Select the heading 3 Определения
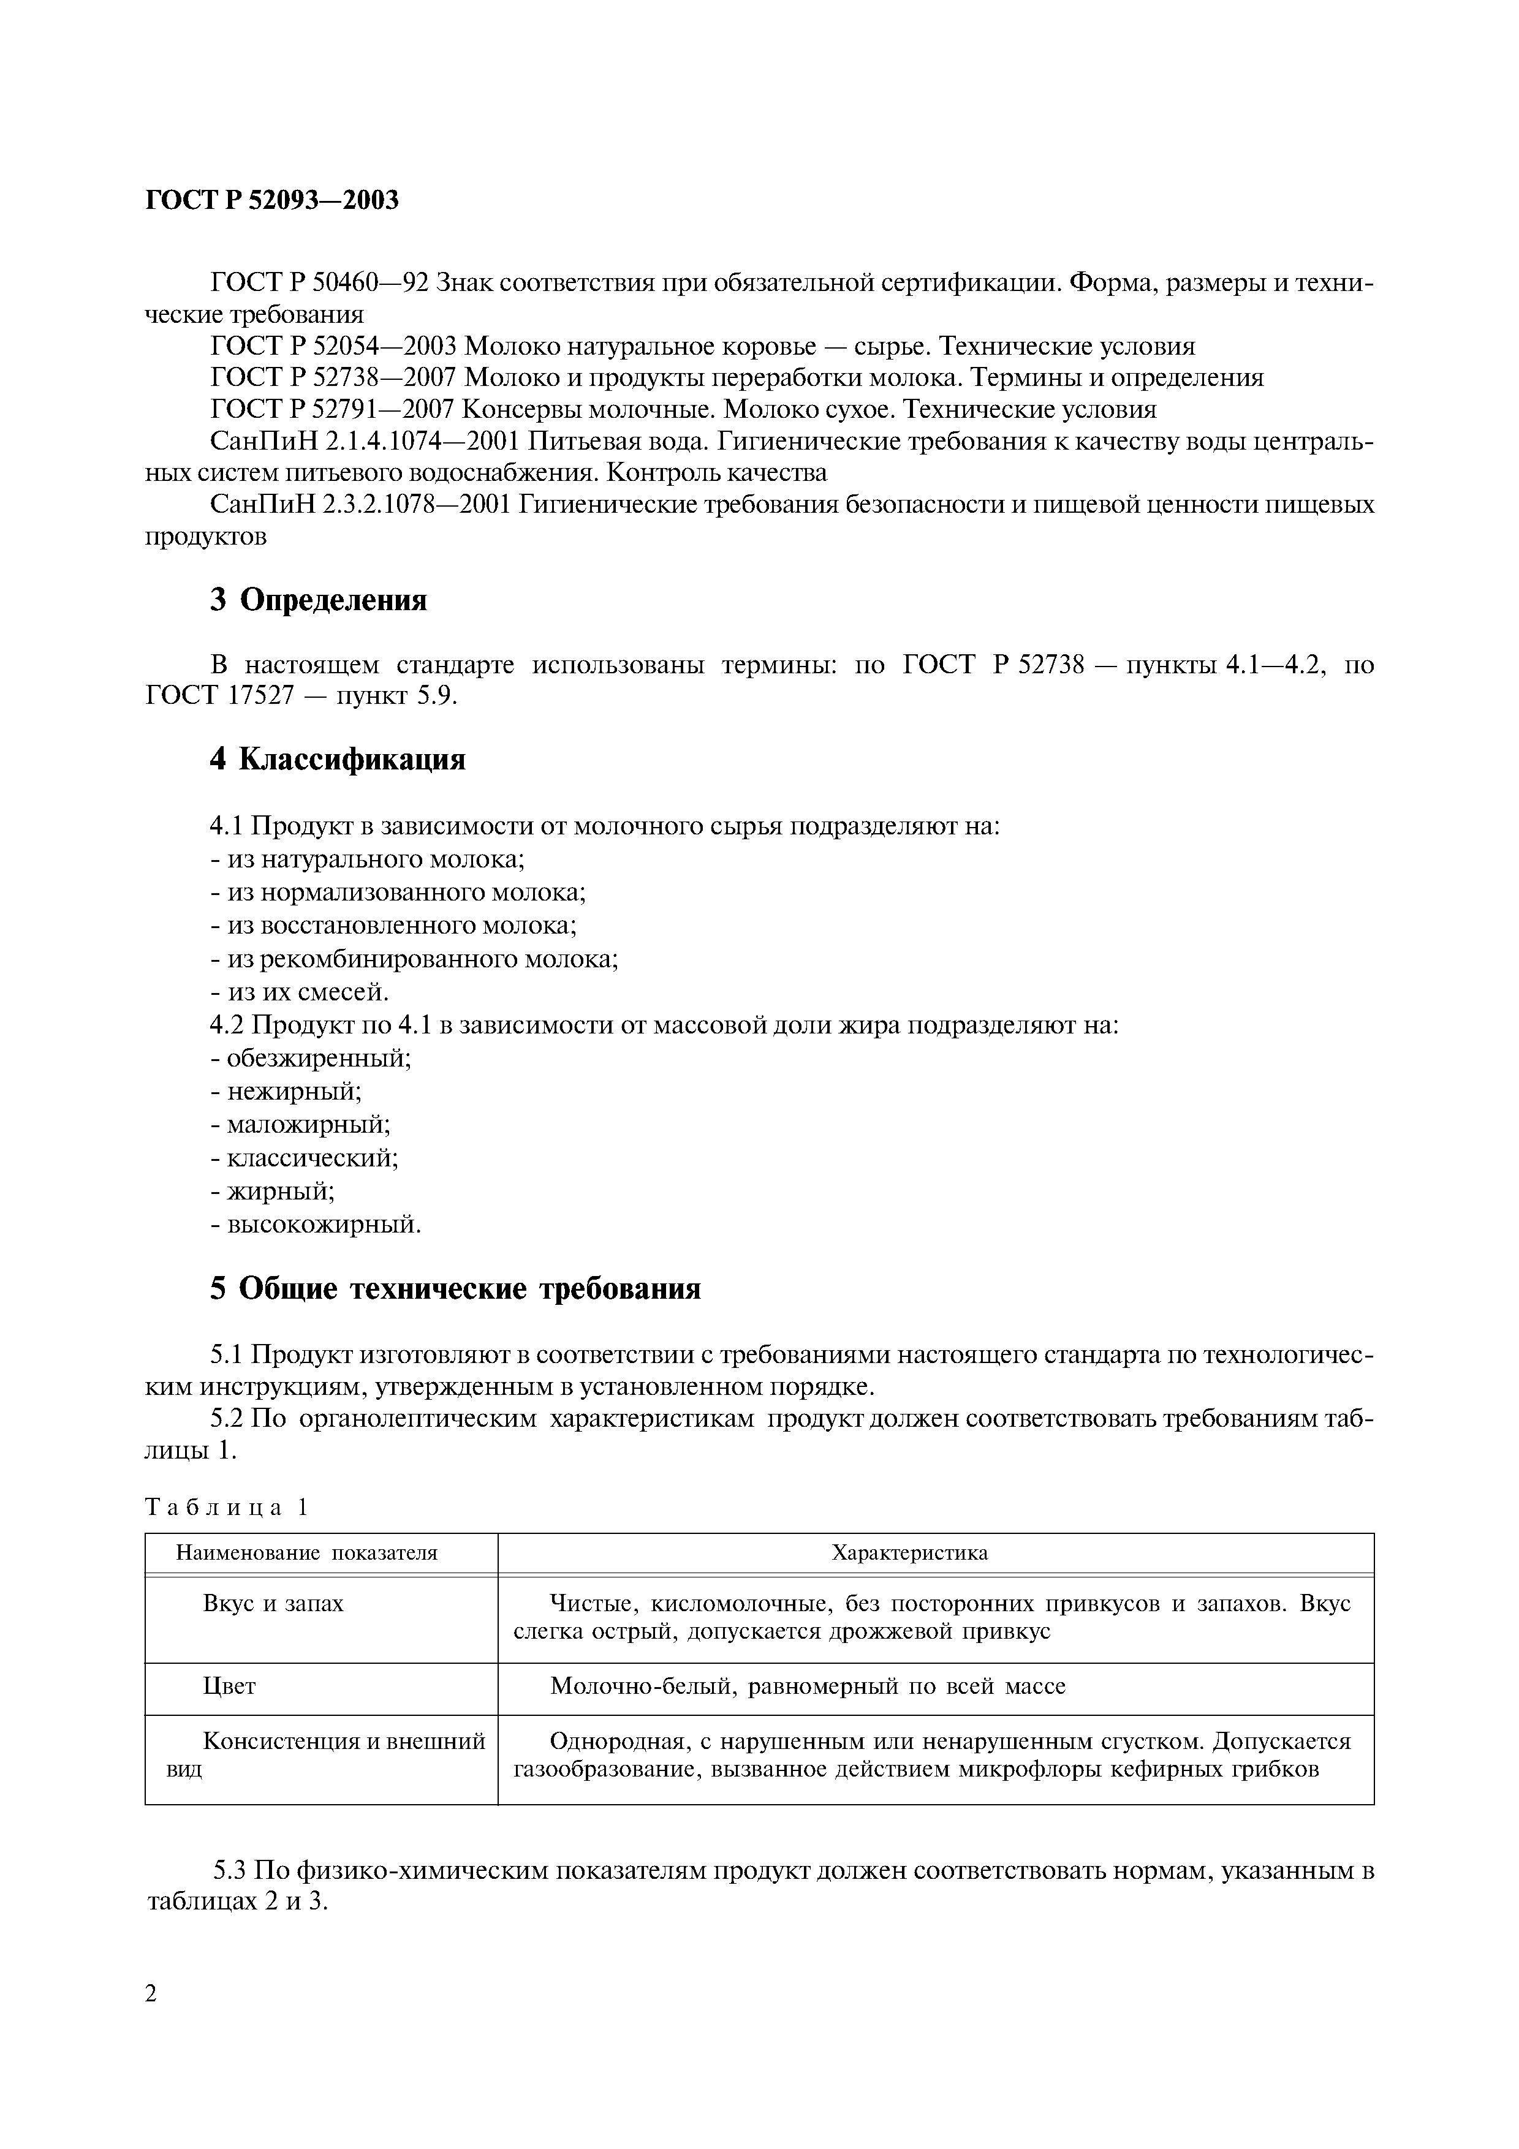click(318, 600)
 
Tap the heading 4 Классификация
click(337, 759)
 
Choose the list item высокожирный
click(316, 1224)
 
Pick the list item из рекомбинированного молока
click(415, 959)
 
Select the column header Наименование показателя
click(307, 1554)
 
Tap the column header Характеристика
click(910, 1554)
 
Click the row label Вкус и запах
click(273, 1604)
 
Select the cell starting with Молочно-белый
click(807, 1686)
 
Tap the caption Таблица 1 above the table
click(227, 1508)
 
